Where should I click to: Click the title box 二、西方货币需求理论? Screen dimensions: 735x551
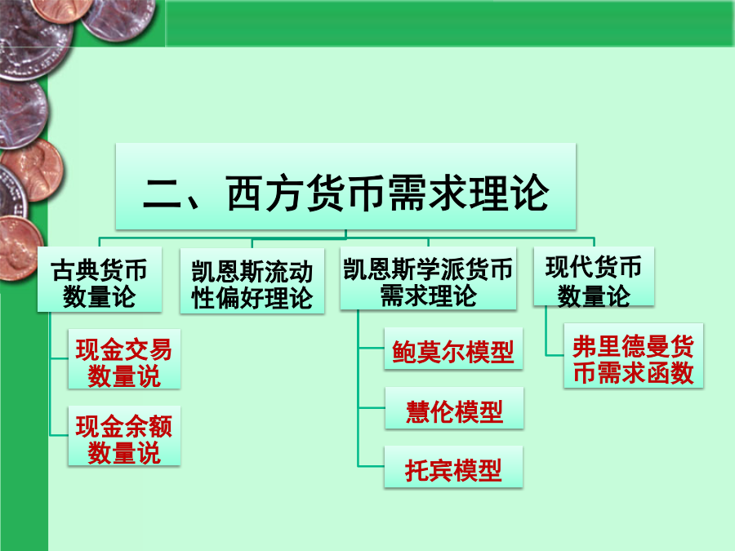[x=345, y=186]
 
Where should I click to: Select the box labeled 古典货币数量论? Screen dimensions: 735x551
[x=100, y=279]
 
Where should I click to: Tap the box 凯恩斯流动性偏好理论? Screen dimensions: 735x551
[x=252, y=281]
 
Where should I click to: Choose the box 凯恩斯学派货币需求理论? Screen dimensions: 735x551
[x=429, y=278]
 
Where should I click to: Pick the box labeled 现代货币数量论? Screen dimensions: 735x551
[x=594, y=277]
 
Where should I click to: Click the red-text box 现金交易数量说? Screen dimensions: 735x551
[x=124, y=359]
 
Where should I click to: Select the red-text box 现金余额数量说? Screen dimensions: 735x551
[x=124, y=436]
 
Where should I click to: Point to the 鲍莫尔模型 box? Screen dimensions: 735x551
[x=453, y=349]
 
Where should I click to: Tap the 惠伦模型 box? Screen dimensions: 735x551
[x=454, y=408]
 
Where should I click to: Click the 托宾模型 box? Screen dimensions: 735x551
[x=453, y=467]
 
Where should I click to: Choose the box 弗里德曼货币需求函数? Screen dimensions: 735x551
[x=633, y=356]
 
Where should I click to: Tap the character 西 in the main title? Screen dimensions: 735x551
[x=244, y=193]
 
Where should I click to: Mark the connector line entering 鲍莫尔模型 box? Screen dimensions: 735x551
[x=372, y=348]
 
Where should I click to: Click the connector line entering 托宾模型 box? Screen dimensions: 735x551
[x=372, y=466]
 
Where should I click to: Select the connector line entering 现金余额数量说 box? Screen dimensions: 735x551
[x=60, y=435]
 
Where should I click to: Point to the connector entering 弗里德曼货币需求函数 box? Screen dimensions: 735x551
[x=555, y=355]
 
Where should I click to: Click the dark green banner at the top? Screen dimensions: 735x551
[x=450, y=24]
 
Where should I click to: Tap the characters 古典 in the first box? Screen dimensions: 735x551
[x=74, y=270]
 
